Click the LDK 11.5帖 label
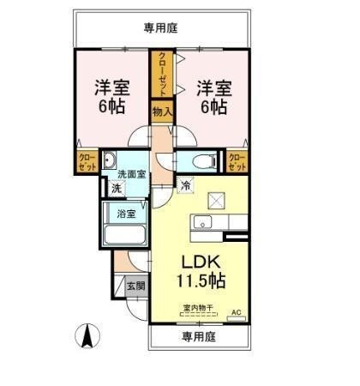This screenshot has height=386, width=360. tap(201, 270)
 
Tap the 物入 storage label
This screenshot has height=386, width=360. tap(162, 112)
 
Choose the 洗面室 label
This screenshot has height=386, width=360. tap(131, 174)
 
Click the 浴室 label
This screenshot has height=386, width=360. tap(125, 213)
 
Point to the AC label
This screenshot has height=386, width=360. tap(237, 312)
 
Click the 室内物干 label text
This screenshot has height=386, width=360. tap(198, 308)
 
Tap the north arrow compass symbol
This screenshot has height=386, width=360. tap(87, 335)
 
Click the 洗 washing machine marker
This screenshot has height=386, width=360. tap(114, 188)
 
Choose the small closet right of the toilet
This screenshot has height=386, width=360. tap(237, 160)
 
